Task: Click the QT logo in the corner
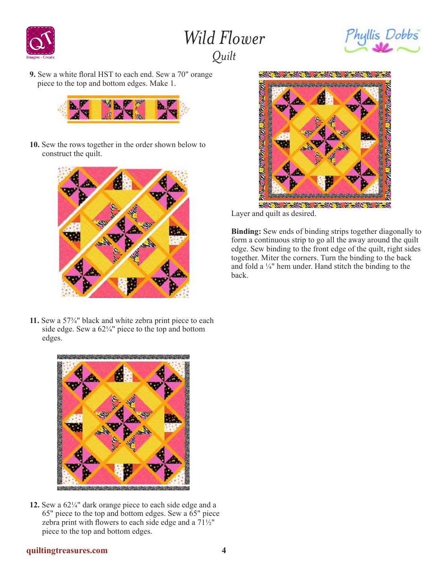(40, 41)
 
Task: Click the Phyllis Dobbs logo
(382, 41)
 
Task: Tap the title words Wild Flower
(224, 38)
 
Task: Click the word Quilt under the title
(224, 56)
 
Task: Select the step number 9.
(33, 75)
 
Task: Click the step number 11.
(34, 321)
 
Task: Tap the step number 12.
(34, 505)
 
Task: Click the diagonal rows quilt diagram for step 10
(123, 232)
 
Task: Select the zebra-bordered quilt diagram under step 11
(123, 423)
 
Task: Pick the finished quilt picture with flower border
(325, 140)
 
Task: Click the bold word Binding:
(246, 232)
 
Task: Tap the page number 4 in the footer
(224, 550)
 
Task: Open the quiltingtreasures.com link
(67, 550)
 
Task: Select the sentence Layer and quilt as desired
(274, 214)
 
